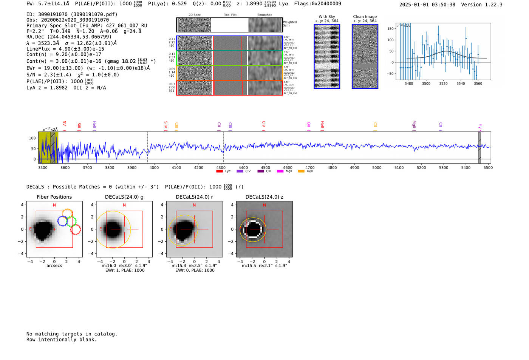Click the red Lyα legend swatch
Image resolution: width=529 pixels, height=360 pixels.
pos(219,171)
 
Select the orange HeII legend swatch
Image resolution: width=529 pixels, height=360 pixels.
pos(301,171)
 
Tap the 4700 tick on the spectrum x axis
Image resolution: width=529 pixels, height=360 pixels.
pos(310,167)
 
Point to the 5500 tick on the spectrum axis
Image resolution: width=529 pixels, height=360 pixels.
pos(488,167)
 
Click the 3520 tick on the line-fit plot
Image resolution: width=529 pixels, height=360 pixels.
pos(443,83)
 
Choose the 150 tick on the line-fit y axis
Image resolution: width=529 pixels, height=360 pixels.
pos(390,29)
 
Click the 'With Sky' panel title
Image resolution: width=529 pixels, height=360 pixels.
pos(327,17)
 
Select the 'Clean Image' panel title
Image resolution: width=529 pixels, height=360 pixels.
pos(365,17)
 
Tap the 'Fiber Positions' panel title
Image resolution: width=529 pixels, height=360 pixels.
pos(54,197)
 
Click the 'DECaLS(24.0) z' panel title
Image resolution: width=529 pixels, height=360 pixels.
pos(264,197)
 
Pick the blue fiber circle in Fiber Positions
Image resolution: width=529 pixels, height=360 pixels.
pos(63,221)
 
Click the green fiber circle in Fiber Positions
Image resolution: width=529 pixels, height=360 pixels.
pos(71,221)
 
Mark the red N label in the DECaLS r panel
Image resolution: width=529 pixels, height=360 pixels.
pos(194,205)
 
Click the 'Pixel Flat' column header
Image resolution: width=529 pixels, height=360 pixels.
pos(230,15)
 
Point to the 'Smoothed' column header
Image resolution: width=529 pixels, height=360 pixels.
pos(264,15)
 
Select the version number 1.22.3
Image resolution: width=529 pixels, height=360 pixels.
pos(493,5)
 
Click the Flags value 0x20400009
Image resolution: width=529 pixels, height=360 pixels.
pos(326,3)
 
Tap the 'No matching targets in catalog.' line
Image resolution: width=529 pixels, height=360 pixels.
pos(72,334)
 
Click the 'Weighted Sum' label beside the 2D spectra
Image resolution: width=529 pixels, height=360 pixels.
pos(290,24)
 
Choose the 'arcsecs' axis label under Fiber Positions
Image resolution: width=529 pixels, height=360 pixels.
pos(54,266)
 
